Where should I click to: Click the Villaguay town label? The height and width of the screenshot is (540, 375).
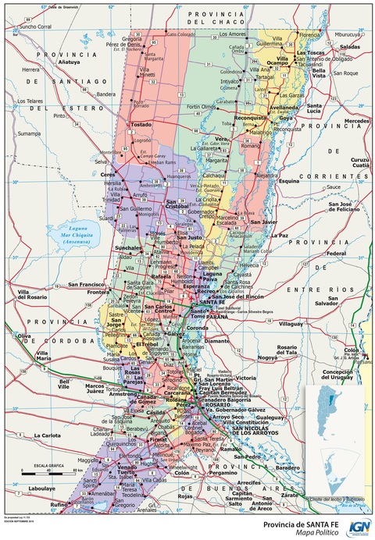291,323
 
